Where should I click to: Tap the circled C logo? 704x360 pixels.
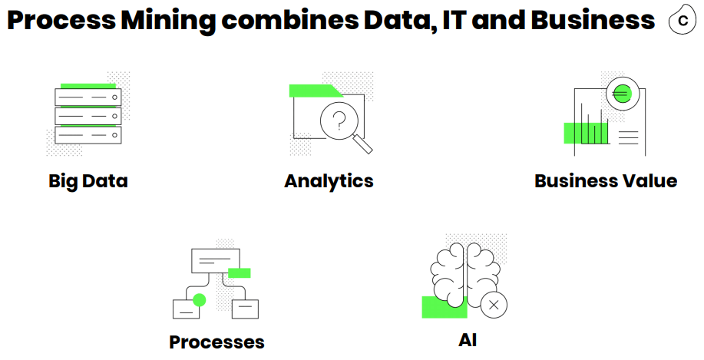[683, 21]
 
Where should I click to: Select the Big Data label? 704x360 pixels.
[88, 181]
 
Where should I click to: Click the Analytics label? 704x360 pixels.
[329, 181]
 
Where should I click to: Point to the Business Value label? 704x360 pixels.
[606, 181]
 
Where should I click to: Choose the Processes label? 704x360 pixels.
[216, 342]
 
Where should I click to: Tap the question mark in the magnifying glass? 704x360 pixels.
[339, 119]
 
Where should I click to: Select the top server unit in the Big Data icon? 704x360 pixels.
[88, 97]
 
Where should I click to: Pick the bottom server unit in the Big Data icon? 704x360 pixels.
[88, 135]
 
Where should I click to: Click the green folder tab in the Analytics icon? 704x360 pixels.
[314, 91]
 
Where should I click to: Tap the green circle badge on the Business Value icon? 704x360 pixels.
[621, 94]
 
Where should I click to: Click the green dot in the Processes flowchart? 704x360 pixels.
[200, 299]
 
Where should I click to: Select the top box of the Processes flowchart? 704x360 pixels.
[216, 260]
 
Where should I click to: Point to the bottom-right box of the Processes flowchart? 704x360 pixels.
[245, 309]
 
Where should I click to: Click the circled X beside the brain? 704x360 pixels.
[494, 305]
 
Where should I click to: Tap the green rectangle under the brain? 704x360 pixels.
[444, 307]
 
